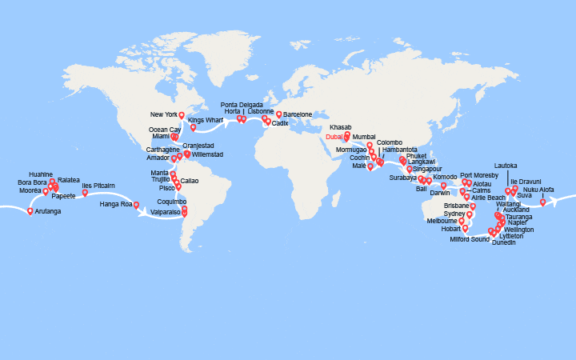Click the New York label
(163, 115)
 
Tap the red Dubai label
(335, 137)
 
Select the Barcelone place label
(297, 114)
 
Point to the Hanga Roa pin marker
(136, 205)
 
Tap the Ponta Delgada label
(240, 104)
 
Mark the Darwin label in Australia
(441, 194)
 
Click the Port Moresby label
(479, 174)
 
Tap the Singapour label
(428, 170)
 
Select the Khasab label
(340, 127)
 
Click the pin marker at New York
(182, 115)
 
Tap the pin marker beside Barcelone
(279, 114)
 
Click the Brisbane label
(454, 206)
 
